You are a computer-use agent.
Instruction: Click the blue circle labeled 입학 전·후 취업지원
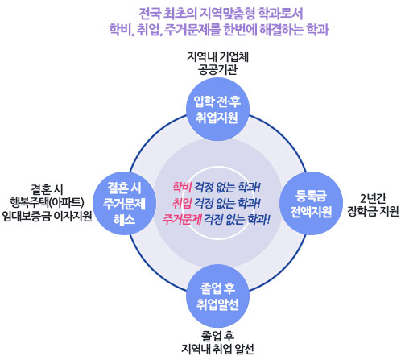217,110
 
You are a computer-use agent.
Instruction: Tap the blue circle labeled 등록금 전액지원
311,203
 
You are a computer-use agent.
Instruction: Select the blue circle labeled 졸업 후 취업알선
217,296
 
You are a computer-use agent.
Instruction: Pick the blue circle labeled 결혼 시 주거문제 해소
124,203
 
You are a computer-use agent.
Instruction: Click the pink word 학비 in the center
182,187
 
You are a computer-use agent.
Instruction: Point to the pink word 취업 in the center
182,203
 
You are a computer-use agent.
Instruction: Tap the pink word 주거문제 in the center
182,220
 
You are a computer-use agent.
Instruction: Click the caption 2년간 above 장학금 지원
373,198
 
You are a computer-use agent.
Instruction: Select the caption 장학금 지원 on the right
373,211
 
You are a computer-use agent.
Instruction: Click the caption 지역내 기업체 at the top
217,56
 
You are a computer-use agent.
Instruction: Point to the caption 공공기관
217,69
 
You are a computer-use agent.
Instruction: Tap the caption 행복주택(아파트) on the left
48,202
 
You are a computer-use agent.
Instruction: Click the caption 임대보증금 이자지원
48,216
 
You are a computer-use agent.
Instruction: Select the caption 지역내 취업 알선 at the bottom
217,349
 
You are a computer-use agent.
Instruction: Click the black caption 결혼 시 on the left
48,189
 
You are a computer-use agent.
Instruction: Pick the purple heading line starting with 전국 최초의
221,14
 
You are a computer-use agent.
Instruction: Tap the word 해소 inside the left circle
124,219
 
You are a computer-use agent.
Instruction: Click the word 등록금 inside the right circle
311,196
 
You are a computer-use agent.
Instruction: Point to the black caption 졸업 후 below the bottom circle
217,336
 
